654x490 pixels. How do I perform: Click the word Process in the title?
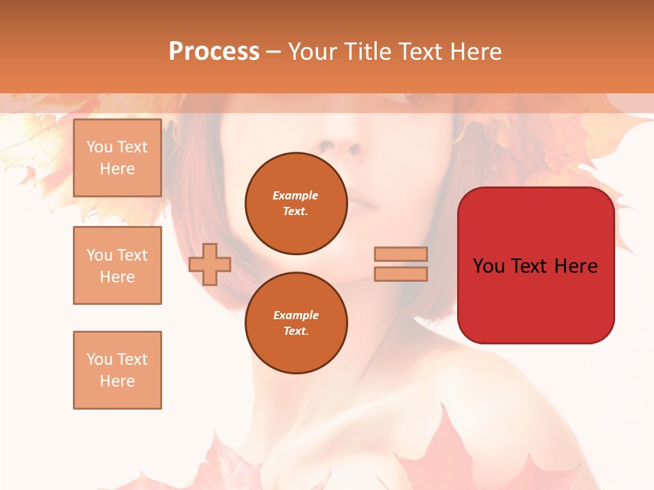pos(214,52)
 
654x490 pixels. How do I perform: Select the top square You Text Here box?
pos(117,158)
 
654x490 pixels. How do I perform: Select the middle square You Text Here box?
pos(117,265)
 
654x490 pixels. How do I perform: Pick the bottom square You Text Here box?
pos(117,370)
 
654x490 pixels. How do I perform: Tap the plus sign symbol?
pos(210,264)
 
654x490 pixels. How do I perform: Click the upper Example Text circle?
pos(296,203)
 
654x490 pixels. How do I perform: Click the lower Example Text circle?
pos(296,323)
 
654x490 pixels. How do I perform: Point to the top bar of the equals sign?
pos(401,255)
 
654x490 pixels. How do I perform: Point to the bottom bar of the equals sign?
pos(401,274)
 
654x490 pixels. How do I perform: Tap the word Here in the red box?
pos(576,266)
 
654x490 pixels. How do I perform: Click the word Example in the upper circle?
pos(296,196)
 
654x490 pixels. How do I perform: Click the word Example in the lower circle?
pos(296,316)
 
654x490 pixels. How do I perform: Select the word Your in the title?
pos(312,52)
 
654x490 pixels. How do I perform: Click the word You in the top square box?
pos(99,147)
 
